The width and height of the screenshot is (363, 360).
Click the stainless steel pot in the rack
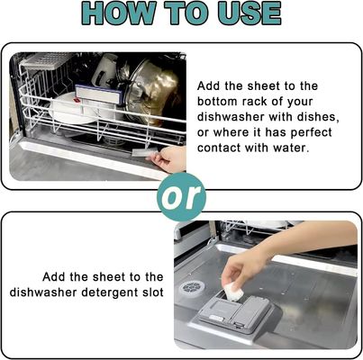coord(154,90)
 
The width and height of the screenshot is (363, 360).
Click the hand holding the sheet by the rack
coord(169,159)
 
